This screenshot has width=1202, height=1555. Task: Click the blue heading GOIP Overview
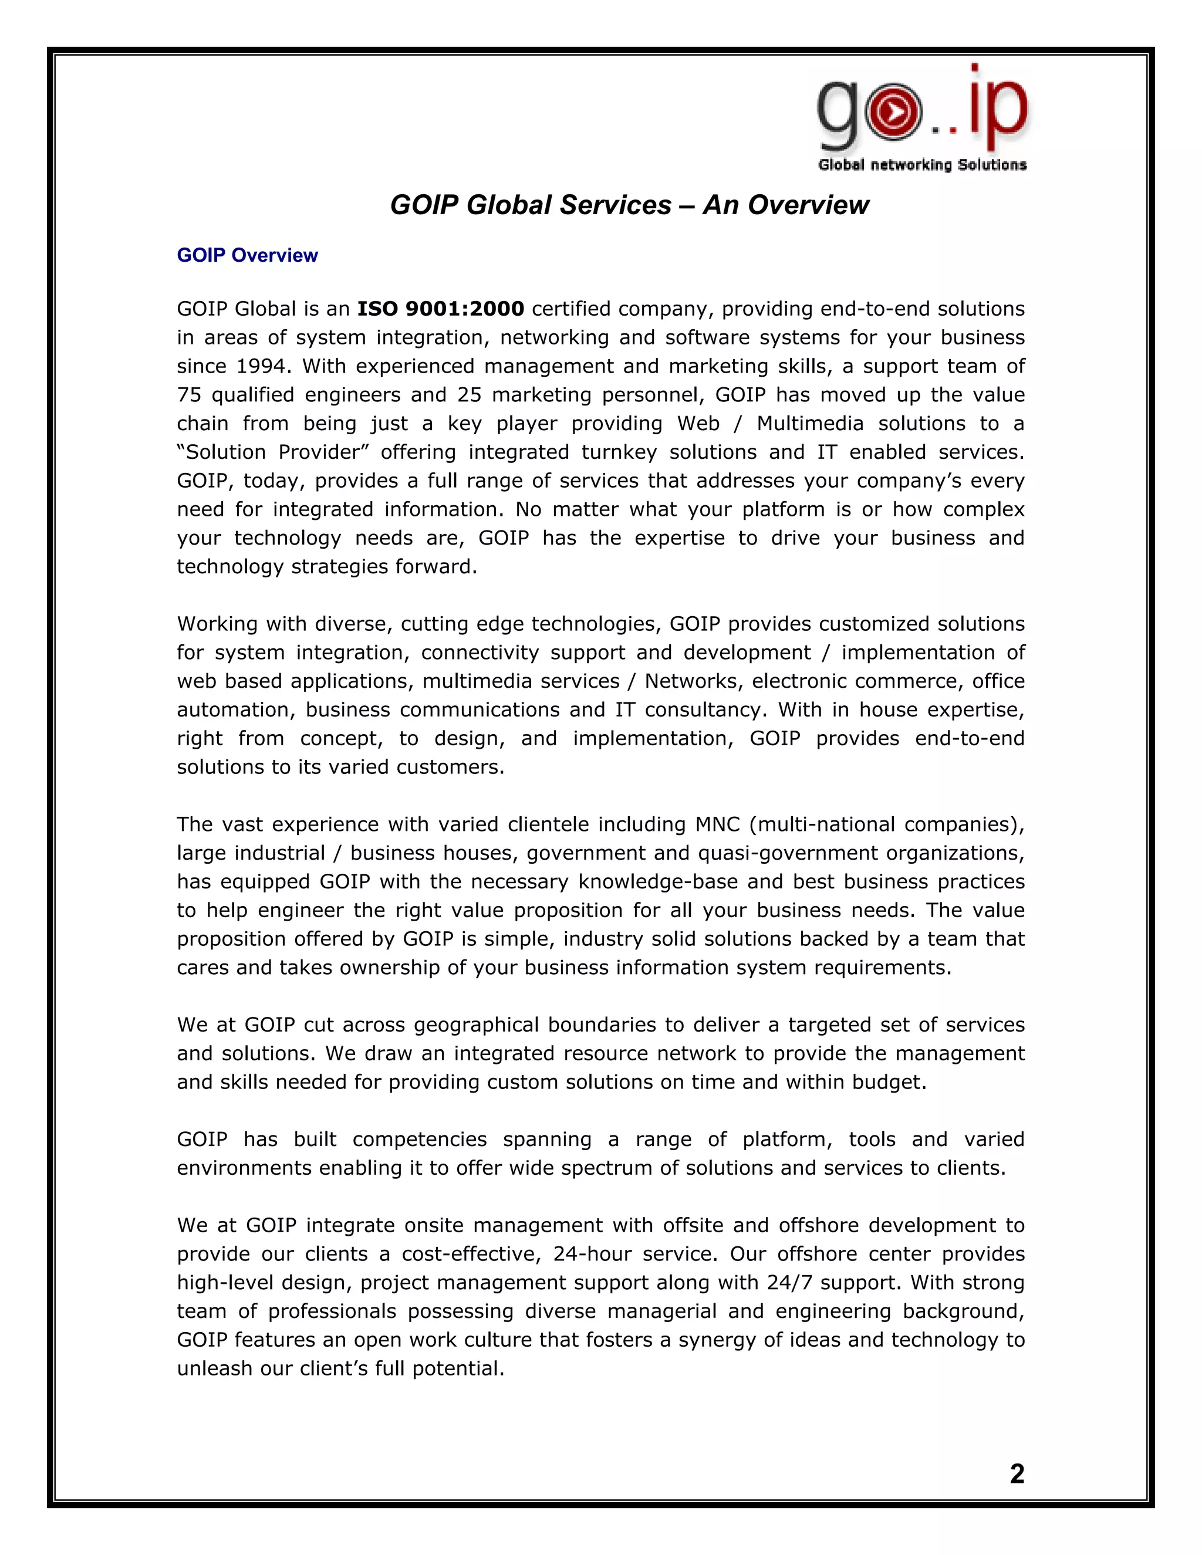click(247, 256)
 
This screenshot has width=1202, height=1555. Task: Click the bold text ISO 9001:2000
click(440, 309)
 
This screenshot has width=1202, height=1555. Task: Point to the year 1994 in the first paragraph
click(261, 366)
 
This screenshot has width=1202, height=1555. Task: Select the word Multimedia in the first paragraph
click(809, 424)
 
